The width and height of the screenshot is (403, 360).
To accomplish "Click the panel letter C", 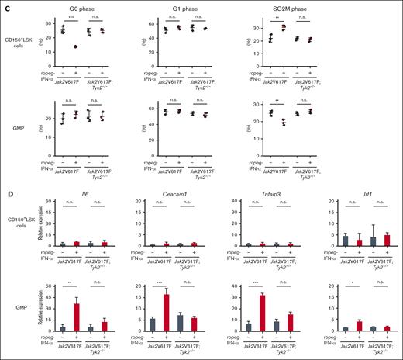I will pos(4,4).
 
